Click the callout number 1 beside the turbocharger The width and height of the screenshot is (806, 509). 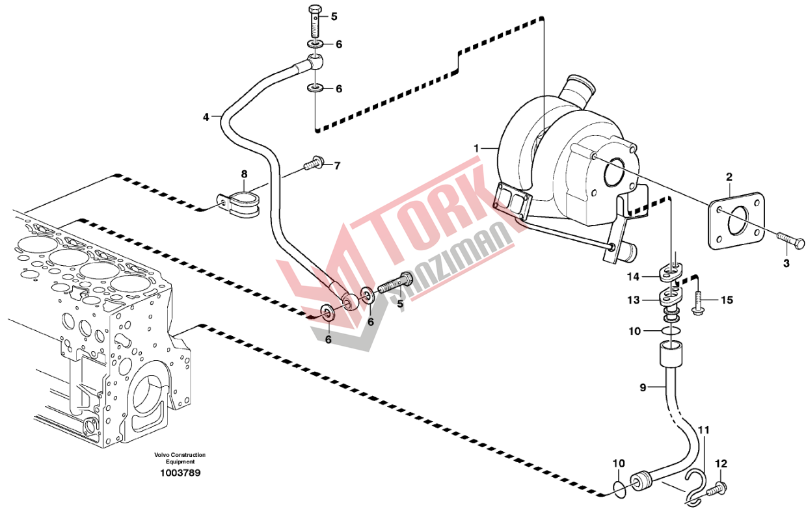coord(476,149)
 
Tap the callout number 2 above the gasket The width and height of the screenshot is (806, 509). coord(729,177)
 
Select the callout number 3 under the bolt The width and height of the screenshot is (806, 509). coord(786,263)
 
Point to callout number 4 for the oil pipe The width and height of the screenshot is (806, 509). coord(206,118)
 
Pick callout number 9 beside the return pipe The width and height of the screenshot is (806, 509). coord(643,388)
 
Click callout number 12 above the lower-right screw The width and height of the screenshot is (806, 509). coord(719,463)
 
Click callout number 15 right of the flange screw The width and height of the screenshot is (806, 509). coord(727,300)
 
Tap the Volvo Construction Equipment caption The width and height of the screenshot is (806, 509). coord(180,458)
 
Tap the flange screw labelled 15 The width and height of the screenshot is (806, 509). coord(698,304)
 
